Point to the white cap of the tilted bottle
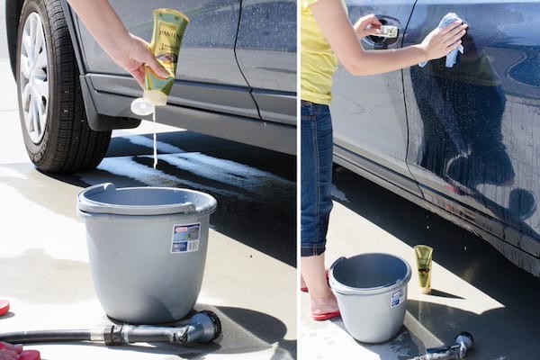[142, 106]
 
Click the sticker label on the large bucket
[185, 238]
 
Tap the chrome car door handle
[386, 31]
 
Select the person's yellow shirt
[318, 54]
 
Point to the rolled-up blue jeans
[316, 180]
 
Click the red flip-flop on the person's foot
[325, 314]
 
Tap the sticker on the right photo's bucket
[397, 297]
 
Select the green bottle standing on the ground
[423, 268]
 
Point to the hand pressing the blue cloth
[441, 40]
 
